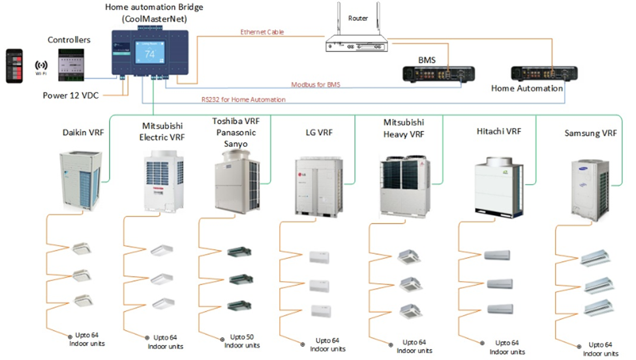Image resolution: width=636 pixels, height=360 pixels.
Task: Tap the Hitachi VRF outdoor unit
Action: click(498, 186)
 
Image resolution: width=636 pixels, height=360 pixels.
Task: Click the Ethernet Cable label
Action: click(262, 32)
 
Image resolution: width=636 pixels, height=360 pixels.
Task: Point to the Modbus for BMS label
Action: click(317, 85)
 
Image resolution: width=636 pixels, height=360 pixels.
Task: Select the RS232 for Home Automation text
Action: click(243, 100)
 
